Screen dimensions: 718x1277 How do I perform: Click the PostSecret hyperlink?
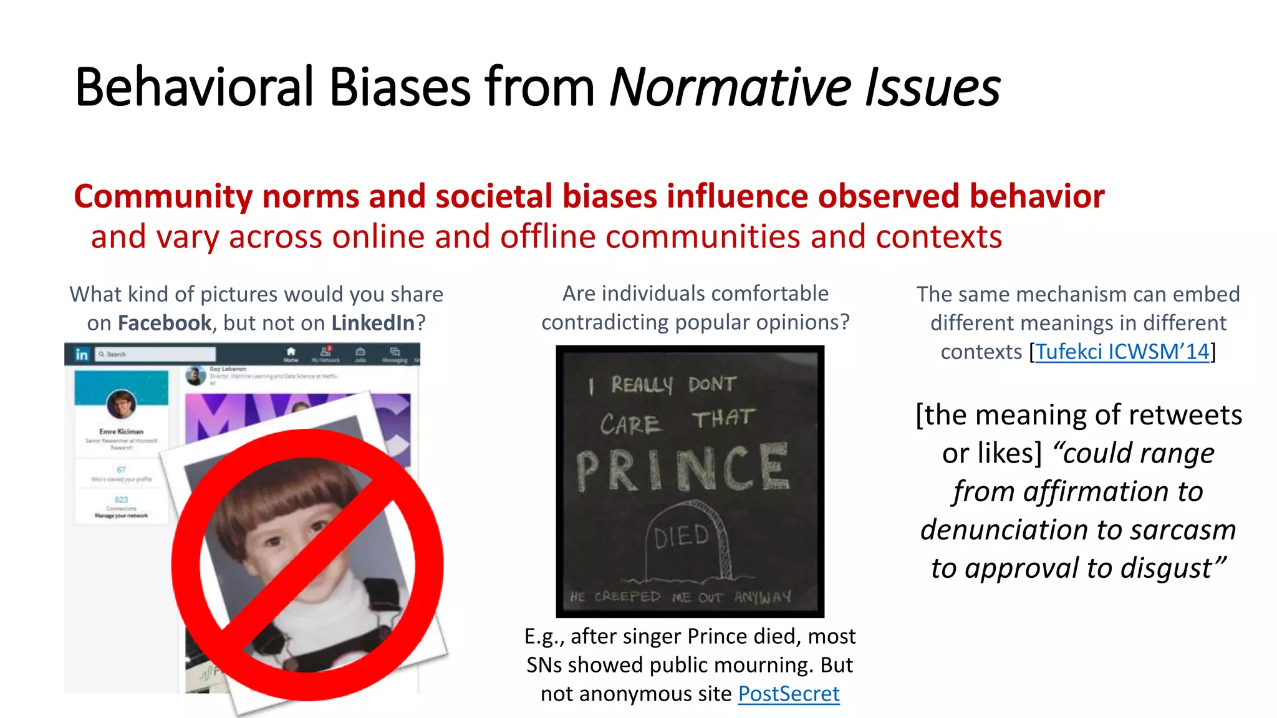tap(789, 694)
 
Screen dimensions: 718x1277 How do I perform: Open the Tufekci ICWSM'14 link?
tap(1122, 352)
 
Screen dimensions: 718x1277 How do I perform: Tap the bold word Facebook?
tap(165, 323)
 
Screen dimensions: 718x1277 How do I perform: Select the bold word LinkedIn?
tap(373, 323)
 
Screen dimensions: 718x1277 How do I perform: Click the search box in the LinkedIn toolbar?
tap(156, 354)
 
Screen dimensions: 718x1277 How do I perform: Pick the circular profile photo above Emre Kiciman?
tap(122, 404)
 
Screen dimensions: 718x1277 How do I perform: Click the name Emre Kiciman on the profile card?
tap(122, 431)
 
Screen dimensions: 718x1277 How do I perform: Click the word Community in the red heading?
tap(163, 196)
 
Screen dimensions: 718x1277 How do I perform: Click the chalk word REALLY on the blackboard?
tap(642, 385)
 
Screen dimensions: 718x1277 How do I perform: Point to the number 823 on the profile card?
tap(121, 499)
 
